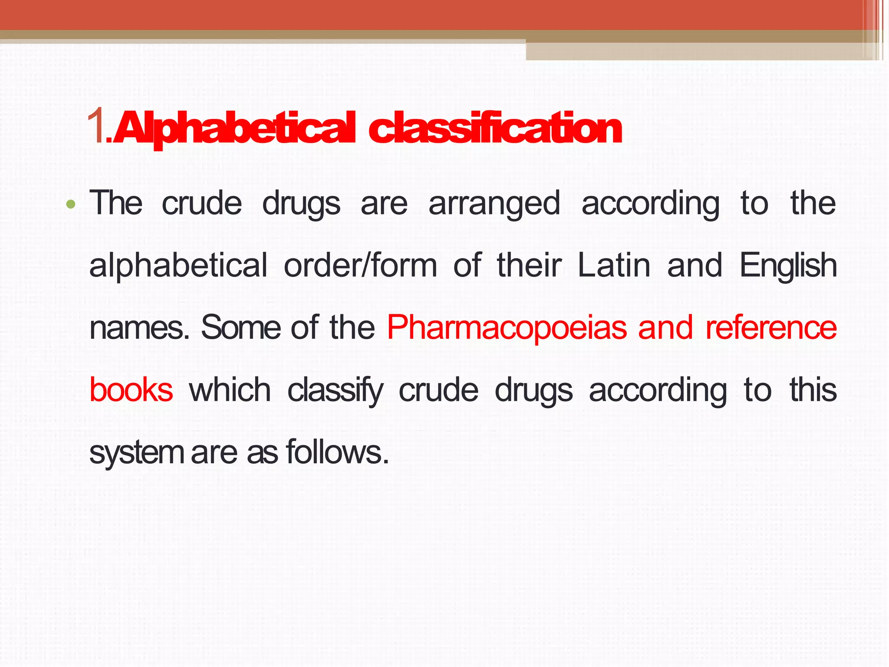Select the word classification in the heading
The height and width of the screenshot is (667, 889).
[495, 128]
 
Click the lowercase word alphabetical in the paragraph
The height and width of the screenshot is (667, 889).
[178, 266]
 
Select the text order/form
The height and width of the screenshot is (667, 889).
[360, 266]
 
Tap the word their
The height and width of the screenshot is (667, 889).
[529, 266]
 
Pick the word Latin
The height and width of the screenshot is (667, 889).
[614, 266]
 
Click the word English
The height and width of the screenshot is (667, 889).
[788, 266]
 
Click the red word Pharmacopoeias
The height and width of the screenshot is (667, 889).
[507, 328]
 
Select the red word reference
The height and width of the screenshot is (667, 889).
[771, 328]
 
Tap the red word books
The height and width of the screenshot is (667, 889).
[131, 390]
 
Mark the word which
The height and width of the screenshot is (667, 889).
[230, 390]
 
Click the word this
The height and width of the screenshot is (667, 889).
[813, 390]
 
